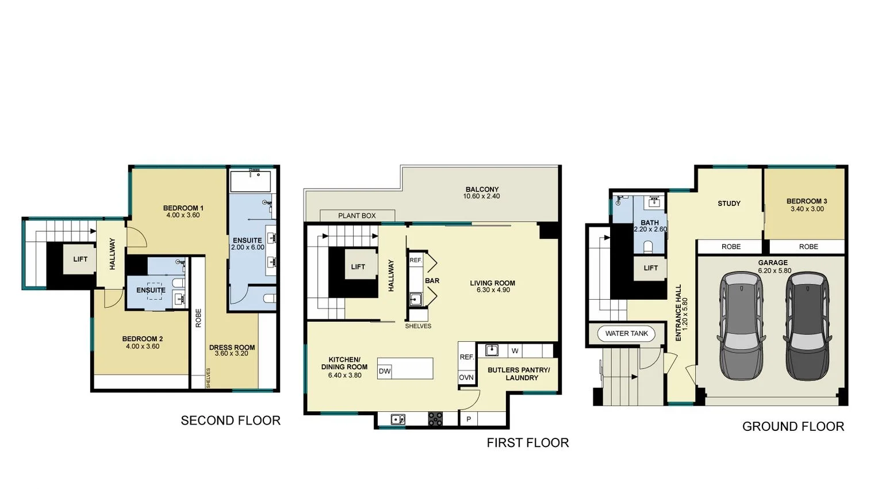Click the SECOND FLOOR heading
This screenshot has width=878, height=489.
click(231, 421)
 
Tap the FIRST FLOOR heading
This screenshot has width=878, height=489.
click(527, 442)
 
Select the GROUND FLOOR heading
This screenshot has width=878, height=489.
click(793, 426)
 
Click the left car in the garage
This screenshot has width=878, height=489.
click(742, 326)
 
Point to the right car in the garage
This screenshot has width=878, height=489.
click(808, 326)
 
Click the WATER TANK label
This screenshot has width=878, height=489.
click(626, 334)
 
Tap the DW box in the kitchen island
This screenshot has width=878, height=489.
click(385, 371)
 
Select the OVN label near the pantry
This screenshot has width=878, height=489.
click(466, 378)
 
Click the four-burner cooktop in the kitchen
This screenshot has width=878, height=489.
click(435, 419)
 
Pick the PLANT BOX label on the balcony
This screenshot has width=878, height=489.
click(356, 216)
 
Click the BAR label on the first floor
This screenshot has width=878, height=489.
click(432, 281)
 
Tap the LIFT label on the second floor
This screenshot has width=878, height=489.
click(80, 259)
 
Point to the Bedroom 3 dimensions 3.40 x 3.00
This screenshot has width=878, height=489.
click(807, 209)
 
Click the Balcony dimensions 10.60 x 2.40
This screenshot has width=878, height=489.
click(481, 196)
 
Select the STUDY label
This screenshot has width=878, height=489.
click(729, 203)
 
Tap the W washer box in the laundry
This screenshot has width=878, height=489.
click(515, 350)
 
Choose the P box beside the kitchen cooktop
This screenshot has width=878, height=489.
click(469, 419)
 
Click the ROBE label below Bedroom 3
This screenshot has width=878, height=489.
click(808, 247)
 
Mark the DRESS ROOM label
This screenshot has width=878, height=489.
click(232, 347)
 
